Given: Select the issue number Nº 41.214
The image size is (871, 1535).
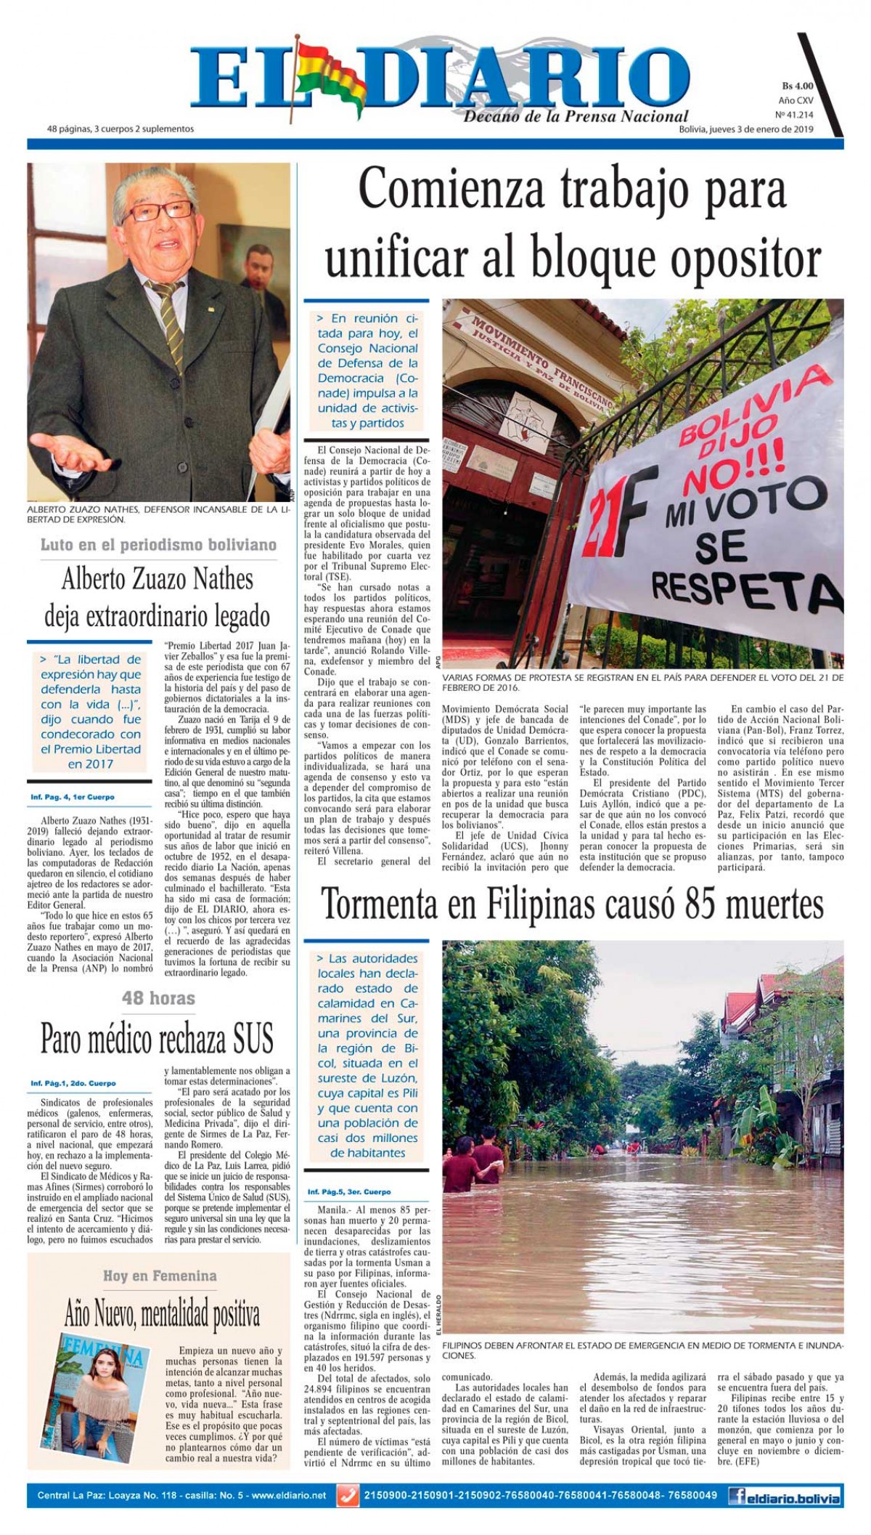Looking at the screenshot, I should point(794,115).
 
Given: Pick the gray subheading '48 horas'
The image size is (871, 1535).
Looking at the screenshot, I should point(158,998).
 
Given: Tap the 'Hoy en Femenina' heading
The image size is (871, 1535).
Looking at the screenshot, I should point(159,1276).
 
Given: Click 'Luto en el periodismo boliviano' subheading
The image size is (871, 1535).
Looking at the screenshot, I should point(158,544).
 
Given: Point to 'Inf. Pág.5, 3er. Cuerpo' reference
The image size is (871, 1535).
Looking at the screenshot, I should point(348,1192).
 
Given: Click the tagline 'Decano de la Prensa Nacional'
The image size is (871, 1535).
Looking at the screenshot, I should point(576,116).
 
